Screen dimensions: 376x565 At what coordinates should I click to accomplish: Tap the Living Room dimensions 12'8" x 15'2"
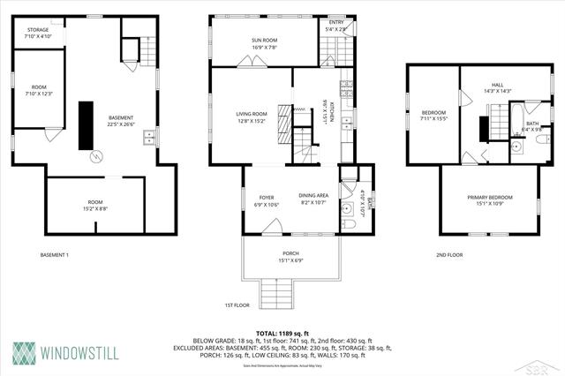[252, 121]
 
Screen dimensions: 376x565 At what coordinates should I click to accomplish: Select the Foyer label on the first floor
[267, 197]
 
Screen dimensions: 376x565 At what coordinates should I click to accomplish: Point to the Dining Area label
[313, 195]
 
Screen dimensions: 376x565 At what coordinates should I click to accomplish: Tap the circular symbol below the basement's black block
[96, 156]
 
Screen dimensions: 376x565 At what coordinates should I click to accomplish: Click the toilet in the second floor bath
[542, 140]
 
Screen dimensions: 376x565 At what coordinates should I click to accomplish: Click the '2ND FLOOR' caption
[448, 255]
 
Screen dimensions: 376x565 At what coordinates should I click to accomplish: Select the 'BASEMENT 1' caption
[55, 255]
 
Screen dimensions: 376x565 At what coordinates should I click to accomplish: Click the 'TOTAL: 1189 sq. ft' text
[282, 333]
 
